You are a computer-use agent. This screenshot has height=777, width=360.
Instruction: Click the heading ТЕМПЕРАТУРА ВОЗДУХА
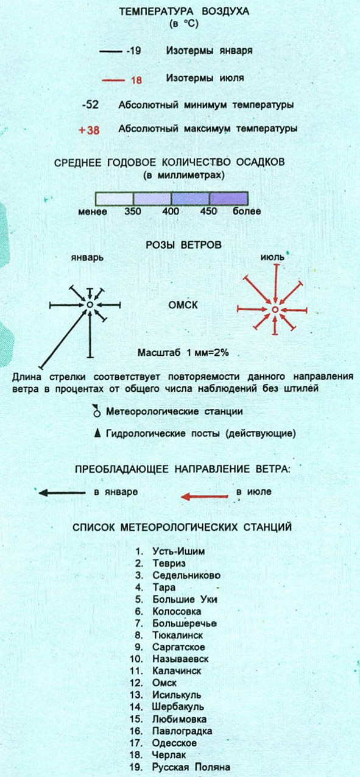[x=184, y=11]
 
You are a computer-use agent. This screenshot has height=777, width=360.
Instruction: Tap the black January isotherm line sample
[x=111, y=52]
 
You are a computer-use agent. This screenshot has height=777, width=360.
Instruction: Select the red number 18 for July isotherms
[x=136, y=80]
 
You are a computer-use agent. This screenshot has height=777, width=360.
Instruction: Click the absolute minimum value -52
[x=90, y=104]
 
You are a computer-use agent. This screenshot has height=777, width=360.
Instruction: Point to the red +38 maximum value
[x=89, y=130]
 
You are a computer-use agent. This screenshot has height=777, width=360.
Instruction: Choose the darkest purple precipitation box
[x=228, y=199]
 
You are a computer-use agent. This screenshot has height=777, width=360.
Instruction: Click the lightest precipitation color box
[x=115, y=199]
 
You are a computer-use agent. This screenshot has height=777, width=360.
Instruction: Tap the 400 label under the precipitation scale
[x=171, y=211]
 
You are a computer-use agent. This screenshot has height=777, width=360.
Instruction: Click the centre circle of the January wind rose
[x=90, y=305]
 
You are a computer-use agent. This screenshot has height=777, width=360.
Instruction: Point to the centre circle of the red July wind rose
[x=275, y=309]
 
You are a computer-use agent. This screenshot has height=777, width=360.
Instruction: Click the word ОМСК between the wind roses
[x=183, y=305]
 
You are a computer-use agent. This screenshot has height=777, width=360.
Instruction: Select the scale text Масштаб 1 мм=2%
[x=183, y=353]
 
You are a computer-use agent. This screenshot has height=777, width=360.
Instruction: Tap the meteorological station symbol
[x=97, y=411]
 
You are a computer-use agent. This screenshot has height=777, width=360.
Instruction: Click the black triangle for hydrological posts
[x=98, y=433]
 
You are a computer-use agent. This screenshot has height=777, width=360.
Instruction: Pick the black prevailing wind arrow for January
[x=62, y=492]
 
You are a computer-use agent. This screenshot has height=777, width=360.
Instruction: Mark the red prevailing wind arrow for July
[x=204, y=497]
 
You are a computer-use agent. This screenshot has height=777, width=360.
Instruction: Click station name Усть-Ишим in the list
[x=178, y=551]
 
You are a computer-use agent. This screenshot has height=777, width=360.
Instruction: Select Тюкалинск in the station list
[x=178, y=635]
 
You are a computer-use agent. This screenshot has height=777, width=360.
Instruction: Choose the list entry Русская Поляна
[x=191, y=767]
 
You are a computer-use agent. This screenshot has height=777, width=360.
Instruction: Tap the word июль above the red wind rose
[x=272, y=257]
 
